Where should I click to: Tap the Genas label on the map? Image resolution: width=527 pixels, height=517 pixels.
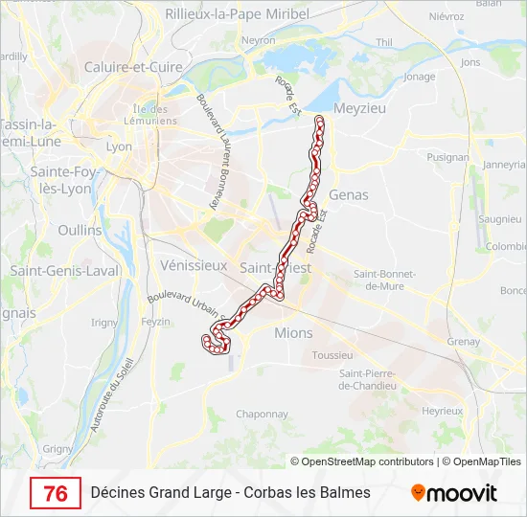[348, 194]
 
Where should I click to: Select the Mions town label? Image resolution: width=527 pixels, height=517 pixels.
[293, 333]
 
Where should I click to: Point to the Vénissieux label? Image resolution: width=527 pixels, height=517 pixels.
[195, 264]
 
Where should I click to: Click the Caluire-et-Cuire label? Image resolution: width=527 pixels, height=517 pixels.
[133, 67]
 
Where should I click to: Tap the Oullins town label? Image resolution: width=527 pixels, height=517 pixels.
[80, 230]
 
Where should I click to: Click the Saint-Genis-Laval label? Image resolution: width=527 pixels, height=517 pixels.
[64, 271]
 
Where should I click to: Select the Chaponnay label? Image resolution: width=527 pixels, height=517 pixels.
[262, 414]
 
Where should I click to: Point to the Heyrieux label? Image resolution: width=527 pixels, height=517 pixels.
[443, 410]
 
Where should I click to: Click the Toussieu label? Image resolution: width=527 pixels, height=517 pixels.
[333, 355]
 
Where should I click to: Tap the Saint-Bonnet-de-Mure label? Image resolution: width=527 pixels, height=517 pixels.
[384, 279]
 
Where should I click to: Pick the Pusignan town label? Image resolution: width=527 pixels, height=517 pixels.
[448, 156]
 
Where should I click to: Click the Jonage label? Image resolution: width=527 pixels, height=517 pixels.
[420, 77]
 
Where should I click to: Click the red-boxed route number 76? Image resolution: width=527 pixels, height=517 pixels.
[56, 493]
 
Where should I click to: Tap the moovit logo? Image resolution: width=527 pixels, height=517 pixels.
[454, 493]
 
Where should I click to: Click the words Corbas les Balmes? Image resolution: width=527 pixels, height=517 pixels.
[308, 493]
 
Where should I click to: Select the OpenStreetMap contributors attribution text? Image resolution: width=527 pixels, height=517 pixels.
[367, 461]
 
